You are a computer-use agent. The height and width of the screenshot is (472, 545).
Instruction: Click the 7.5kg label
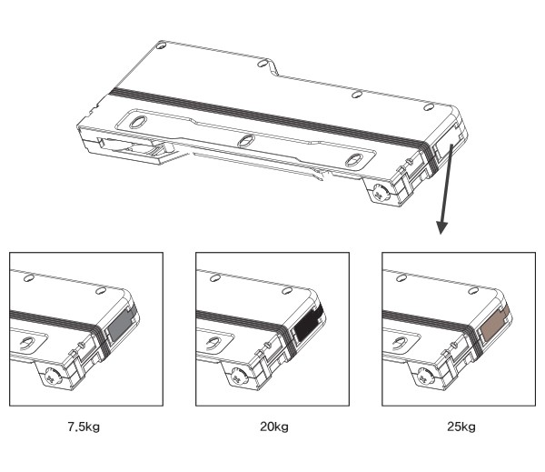[x=84, y=427]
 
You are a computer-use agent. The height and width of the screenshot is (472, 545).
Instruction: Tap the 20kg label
[x=274, y=427]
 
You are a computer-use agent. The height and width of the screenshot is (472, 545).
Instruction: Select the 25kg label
[x=461, y=427]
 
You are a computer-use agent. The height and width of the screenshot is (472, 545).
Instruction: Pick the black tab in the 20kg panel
[x=308, y=326]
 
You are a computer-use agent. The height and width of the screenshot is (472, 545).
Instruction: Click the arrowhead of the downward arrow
[x=441, y=227]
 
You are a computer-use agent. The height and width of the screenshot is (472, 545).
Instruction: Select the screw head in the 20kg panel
[x=238, y=377]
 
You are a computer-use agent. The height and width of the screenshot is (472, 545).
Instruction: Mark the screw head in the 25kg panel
[x=424, y=377]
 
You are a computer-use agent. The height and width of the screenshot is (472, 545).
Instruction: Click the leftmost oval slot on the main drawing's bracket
[x=138, y=122]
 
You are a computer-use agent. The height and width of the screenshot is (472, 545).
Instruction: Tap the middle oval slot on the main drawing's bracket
[x=246, y=141]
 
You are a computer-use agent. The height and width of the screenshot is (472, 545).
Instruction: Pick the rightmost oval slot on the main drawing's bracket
[x=354, y=160]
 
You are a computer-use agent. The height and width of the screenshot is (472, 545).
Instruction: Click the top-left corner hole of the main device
[x=161, y=45]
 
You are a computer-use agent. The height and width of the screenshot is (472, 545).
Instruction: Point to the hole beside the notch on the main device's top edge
[x=263, y=64]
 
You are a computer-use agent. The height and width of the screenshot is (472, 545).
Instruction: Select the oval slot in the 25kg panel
[x=400, y=343]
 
